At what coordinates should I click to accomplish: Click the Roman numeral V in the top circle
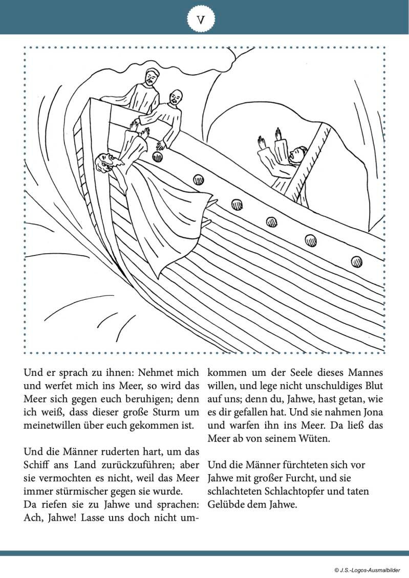point(201,19)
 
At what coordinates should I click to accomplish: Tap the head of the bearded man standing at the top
point(150,78)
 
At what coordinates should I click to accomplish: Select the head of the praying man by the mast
point(300,153)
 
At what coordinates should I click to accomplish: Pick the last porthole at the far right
point(357,261)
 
